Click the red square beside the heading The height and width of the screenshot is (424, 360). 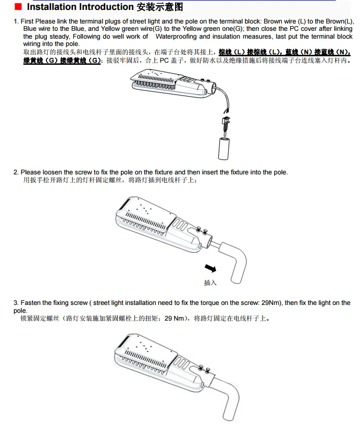click(x=18, y=6)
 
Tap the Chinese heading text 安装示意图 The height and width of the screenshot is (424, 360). click(x=160, y=7)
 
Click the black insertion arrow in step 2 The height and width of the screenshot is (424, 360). click(x=210, y=268)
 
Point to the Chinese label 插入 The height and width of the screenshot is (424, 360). click(x=210, y=283)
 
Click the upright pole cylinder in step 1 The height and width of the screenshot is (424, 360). click(x=224, y=148)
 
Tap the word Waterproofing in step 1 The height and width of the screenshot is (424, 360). click(x=176, y=37)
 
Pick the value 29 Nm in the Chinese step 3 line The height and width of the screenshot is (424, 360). click(x=174, y=319)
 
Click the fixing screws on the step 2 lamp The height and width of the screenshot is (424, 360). click(x=202, y=231)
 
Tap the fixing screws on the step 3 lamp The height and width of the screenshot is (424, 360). click(x=204, y=369)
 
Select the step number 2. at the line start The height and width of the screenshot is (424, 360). click(x=16, y=172)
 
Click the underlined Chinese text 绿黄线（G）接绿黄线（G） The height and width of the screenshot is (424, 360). click(x=62, y=61)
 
